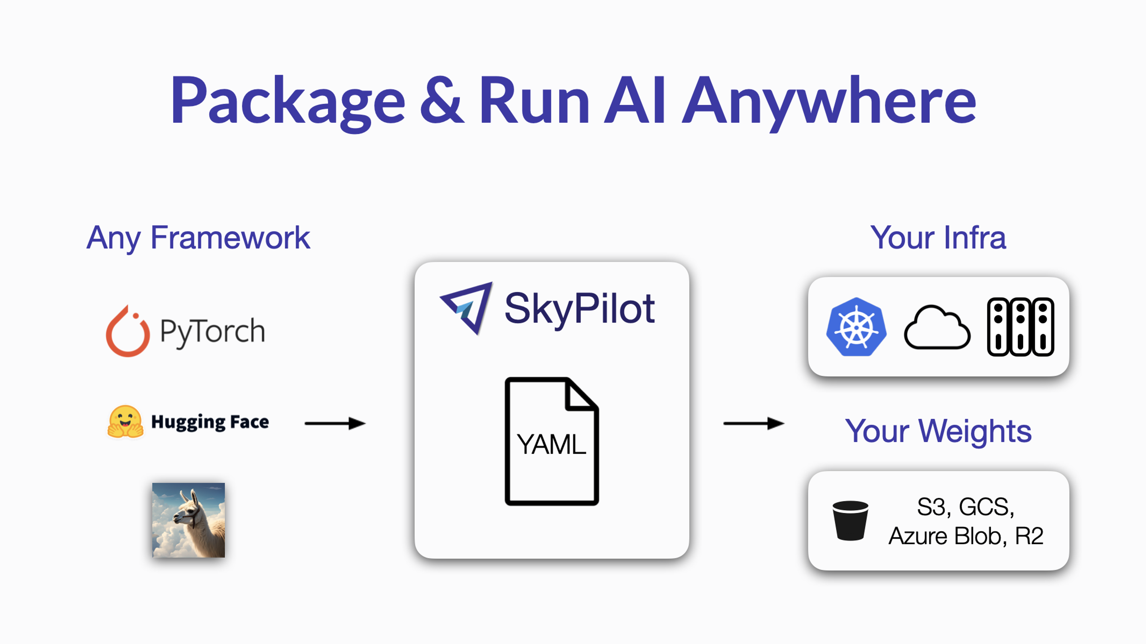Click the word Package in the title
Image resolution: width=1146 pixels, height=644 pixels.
pyautogui.click(x=288, y=103)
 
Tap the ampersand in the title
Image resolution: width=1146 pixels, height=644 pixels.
pyautogui.click(x=441, y=100)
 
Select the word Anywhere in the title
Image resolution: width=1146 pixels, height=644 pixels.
pyautogui.click(x=829, y=103)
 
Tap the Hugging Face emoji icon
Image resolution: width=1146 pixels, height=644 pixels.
pyautogui.click(x=125, y=422)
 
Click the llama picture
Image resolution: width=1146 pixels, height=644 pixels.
pyautogui.click(x=189, y=520)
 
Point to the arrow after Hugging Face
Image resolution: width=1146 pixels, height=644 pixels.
pyautogui.click(x=335, y=423)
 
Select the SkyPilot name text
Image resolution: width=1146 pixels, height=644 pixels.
pyautogui.click(x=580, y=309)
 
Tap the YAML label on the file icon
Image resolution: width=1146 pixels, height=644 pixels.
pyautogui.click(x=551, y=444)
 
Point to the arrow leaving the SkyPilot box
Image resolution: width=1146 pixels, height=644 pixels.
pyautogui.click(x=754, y=423)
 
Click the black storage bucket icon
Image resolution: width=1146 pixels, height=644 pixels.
pyautogui.click(x=850, y=520)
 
